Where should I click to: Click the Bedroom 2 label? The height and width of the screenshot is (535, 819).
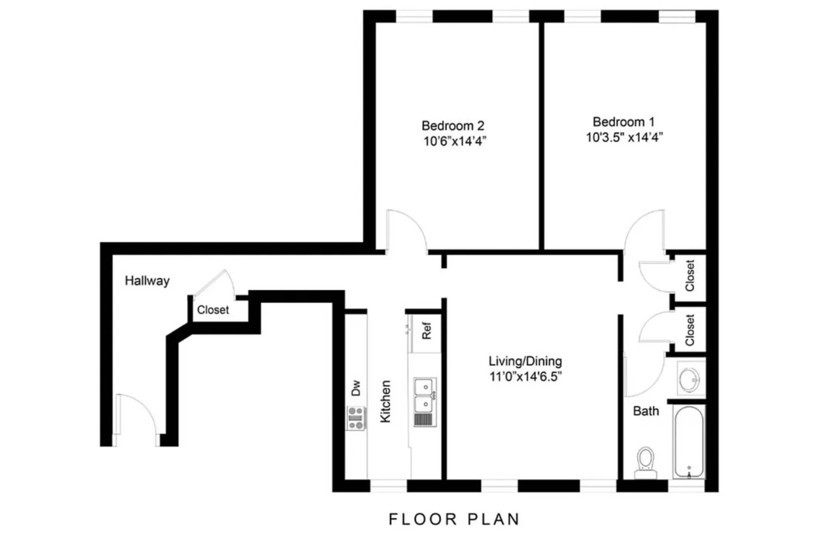coord(453,126)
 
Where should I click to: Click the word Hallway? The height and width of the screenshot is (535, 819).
coord(147,281)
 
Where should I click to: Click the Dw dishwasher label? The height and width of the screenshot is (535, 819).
coord(356,388)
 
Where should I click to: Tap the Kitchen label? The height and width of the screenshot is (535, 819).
coord(385,401)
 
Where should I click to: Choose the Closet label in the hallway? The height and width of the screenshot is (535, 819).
coord(213,310)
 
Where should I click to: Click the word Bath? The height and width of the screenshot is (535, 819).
coord(646,411)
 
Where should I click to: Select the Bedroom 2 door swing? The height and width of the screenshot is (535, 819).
coord(406,231)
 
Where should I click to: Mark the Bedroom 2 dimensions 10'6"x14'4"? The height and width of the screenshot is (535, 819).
coord(454,141)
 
